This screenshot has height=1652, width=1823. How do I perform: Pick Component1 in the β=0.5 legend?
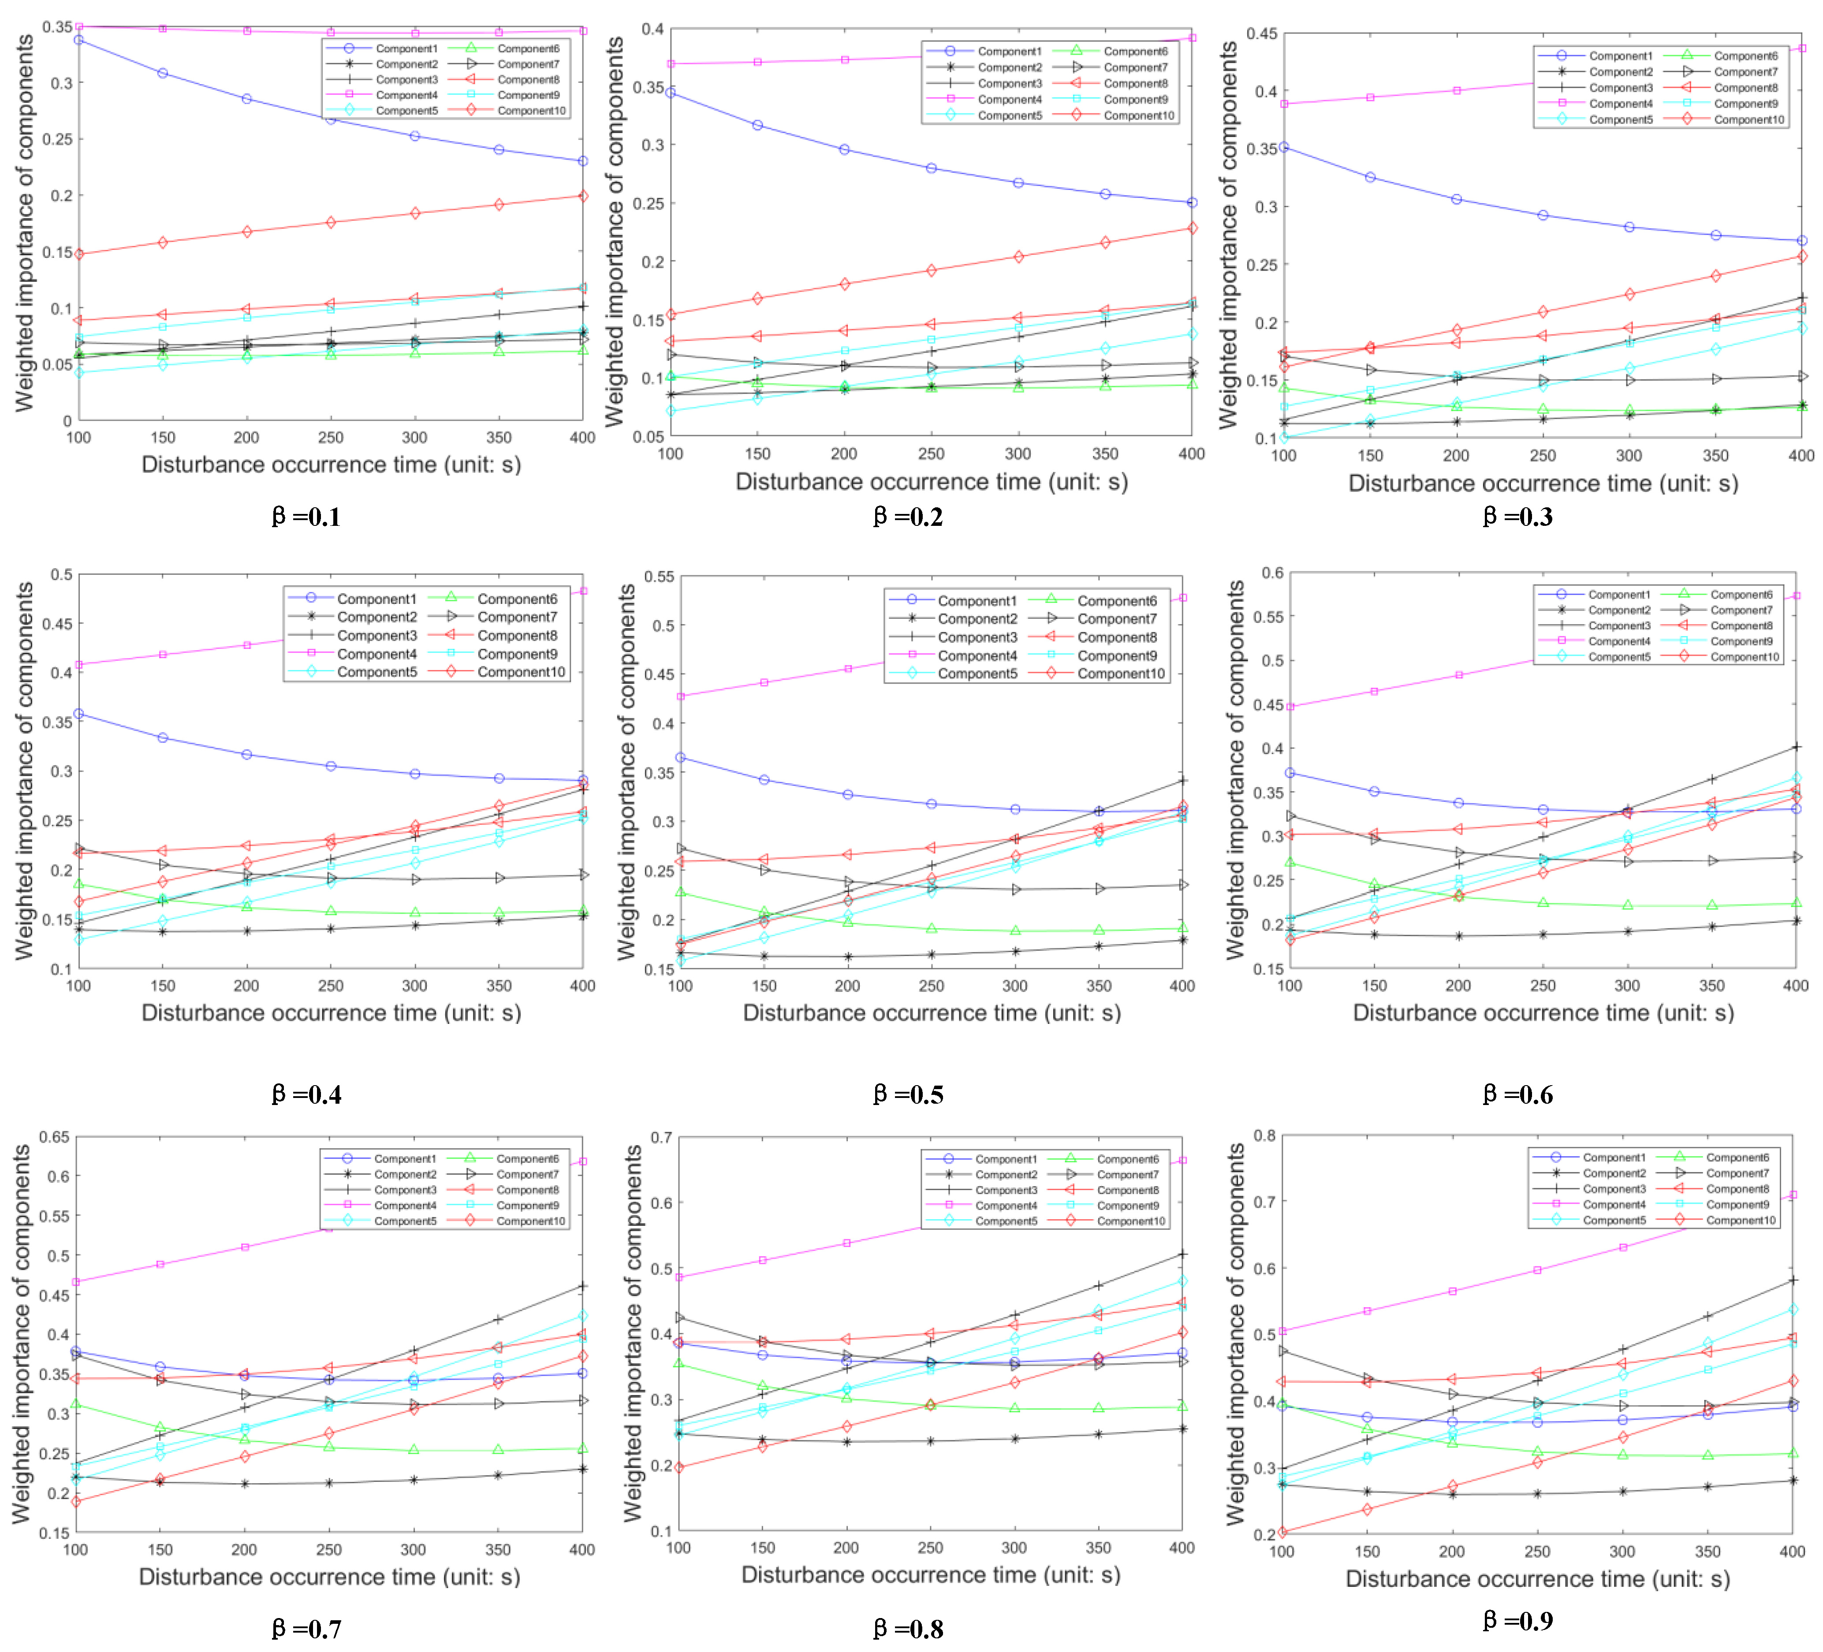click(977, 600)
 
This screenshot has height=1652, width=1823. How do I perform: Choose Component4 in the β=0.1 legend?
click(406, 95)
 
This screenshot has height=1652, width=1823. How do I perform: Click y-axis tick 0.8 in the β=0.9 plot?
click(1264, 1136)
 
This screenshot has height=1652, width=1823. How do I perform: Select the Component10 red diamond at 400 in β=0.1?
click(583, 196)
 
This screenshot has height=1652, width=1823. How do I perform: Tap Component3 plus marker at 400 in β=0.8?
click(1182, 1254)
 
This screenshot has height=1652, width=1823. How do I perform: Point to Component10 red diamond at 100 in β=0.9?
click(1282, 1532)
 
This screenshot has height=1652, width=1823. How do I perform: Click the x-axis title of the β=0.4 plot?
click(331, 1013)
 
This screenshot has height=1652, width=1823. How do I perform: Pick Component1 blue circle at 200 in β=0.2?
click(845, 149)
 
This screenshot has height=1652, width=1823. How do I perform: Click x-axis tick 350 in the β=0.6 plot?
click(1711, 986)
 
